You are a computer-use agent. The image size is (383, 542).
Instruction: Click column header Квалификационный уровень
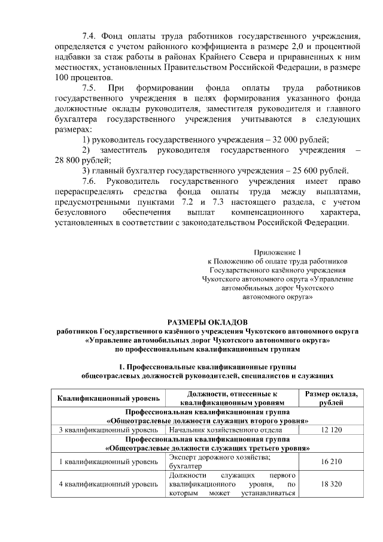click(108, 398)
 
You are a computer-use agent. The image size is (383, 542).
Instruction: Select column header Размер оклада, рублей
click(332, 398)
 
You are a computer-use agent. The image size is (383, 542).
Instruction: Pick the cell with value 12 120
click(332, 430)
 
